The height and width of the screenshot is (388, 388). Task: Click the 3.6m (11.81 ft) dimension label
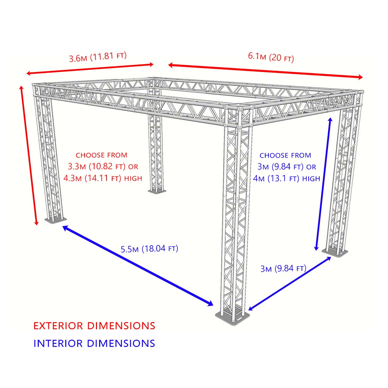pyautogui.click(x=98, y=57)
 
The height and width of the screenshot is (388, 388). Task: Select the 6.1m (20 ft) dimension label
pyautogui.click(x=271, y=57)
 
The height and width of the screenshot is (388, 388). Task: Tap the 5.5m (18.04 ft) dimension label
pyautogui.click(x=150, y=249)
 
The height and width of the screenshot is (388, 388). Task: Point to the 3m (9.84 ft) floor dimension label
pyautogui.click(x=283, y=268)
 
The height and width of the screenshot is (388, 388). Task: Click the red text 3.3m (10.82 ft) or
pyautogui.click(x=103, y=166)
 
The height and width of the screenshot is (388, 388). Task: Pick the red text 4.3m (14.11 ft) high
pyautogui.click(x=103, y=178)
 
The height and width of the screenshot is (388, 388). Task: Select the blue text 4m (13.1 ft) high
pyautogui.click(x=286, y=178)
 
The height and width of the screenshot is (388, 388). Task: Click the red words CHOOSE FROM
pyautogui.click(x=102, y=155)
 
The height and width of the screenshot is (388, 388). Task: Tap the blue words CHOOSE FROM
pyautogui.click(x=285, y=156)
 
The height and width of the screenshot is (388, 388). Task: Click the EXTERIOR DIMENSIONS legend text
pyautogui.click(x=94, y=326)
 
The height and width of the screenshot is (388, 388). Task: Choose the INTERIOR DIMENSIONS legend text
pyautogui.click(x=94, y=344)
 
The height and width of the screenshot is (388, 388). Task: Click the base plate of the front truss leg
pyautogui.click(x=232, y=317)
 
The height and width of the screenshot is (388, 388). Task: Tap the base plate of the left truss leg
pyautogui.click(x=55, y=220)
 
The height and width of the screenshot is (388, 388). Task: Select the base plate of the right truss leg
pyautogui.click(x=335, y=252)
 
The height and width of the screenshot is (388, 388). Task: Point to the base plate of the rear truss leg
pyautogui.click(x=157, y=191)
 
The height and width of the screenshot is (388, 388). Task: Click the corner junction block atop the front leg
pyautogui.click(x=239, y=116)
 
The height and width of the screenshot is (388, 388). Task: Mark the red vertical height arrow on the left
pyautogui.click(x=29, y=156)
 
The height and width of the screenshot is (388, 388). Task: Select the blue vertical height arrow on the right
pyautogui.click(x=323, y=184)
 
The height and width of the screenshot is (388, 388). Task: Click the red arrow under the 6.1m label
pyautogui.click(x=265, y=71)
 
